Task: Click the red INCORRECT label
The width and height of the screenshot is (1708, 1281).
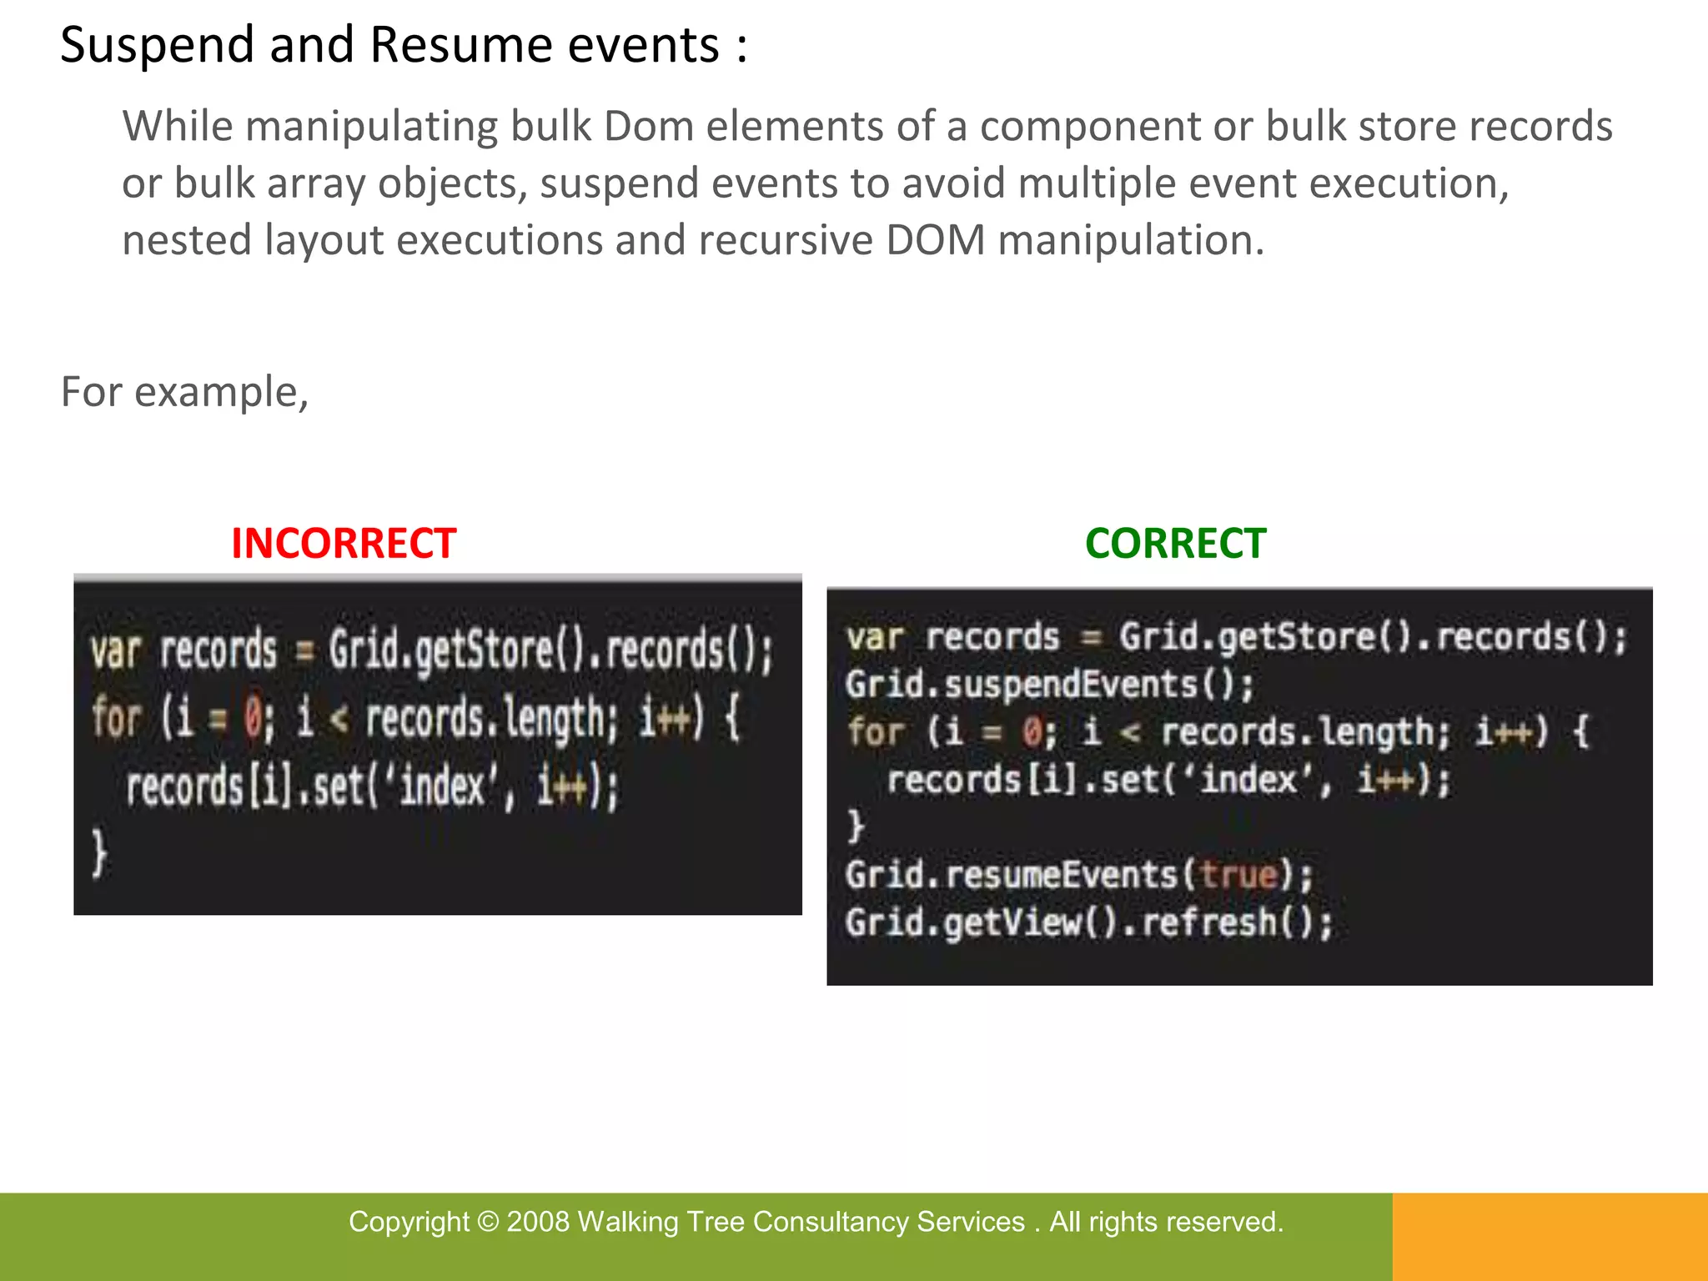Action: (x=344, y=544)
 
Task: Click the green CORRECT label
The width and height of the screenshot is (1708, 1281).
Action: (x=1175, y=544)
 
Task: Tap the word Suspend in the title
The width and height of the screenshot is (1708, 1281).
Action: (x=157, y=45)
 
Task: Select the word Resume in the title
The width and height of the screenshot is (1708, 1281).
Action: (x=461, y=45)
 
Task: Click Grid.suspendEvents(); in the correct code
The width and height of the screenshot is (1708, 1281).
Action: (x=1049, y=685)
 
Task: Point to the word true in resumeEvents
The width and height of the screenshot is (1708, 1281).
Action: (x=1239, y=875)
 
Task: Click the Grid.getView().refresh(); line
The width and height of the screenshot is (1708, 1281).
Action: (x=1089, y=923)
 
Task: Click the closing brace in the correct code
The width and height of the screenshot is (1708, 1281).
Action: (x=856, y=826)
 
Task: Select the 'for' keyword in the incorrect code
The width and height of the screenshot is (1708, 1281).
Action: (x=116, y=718)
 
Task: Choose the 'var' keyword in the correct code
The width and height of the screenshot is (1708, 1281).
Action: (x=875, y=638)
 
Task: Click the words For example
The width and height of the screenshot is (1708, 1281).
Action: (x=184, y=392)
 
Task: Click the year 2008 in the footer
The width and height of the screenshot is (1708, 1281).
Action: (x=538, y=1222)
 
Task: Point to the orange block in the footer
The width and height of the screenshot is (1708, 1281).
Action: (x=1550, y=1237)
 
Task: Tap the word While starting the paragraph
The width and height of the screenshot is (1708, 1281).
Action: (x=178, y=127)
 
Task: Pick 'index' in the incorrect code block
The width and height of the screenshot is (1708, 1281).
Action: (x=443, y=786)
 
